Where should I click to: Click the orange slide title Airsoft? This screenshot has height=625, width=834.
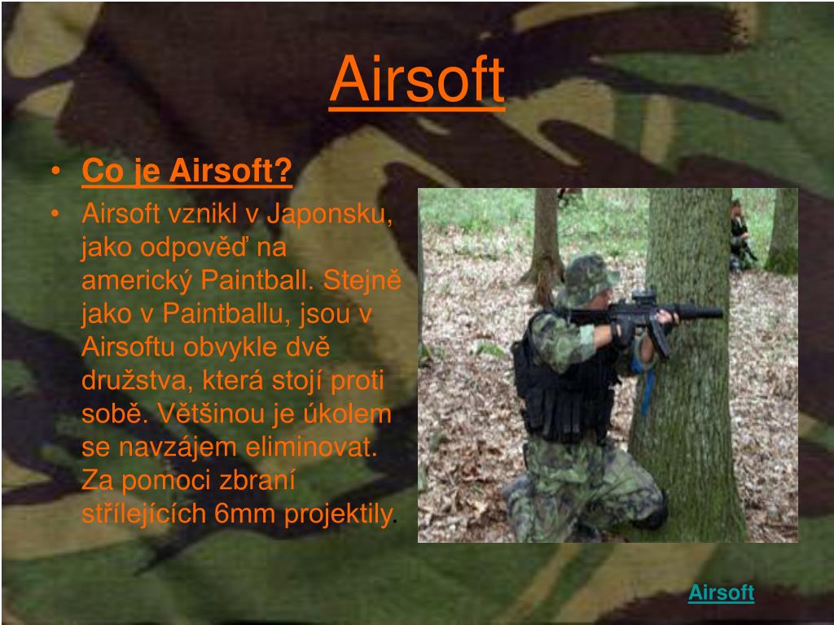click(417, 81)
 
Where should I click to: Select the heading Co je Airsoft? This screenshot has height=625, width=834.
click(187, 172)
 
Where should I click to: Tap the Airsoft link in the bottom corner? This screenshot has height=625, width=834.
click(721, 592)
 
